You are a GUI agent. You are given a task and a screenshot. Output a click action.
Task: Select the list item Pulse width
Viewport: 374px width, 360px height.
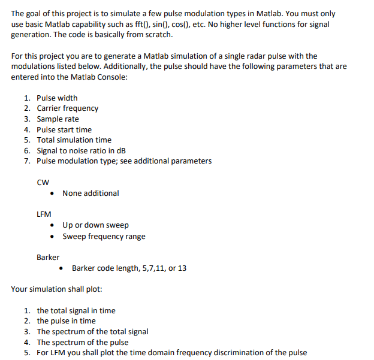pyautogui.click(x=57, y=98)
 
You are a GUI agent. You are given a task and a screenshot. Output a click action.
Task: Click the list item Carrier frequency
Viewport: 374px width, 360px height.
pyautogui.click(x=67, y=108)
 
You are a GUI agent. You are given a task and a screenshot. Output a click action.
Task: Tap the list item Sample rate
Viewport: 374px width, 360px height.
pyautogui.click(x=58, y=119)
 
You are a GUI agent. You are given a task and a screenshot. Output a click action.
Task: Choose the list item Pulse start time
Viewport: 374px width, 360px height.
pyautogui.click(x=64, y=129)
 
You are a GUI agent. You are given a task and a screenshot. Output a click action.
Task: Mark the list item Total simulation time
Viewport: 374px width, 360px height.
pyautogui.click(x=74, y=140)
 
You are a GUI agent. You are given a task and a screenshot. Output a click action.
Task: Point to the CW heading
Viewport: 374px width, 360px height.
pyautogui.click(x=43, y=182)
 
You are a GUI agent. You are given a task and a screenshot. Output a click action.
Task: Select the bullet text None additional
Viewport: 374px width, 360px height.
pyautogui.click(x=91, y=193)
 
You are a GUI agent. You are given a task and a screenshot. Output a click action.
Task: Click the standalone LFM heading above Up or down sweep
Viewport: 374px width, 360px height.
pyautogui.click(x=44, y=214)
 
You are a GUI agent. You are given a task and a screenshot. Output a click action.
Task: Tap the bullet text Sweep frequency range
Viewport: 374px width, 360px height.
pyautogui.click(x=104, y=236)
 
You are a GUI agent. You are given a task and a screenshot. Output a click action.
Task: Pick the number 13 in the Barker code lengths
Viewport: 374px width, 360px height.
pyautogui.click(x=182, y=268)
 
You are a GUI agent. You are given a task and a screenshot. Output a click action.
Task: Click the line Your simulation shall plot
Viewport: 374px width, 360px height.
pyautogui.click(x=56, y=289)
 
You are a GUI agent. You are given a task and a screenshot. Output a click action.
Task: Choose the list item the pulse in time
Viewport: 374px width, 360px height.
pyautogui.click(x=66, y=321)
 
